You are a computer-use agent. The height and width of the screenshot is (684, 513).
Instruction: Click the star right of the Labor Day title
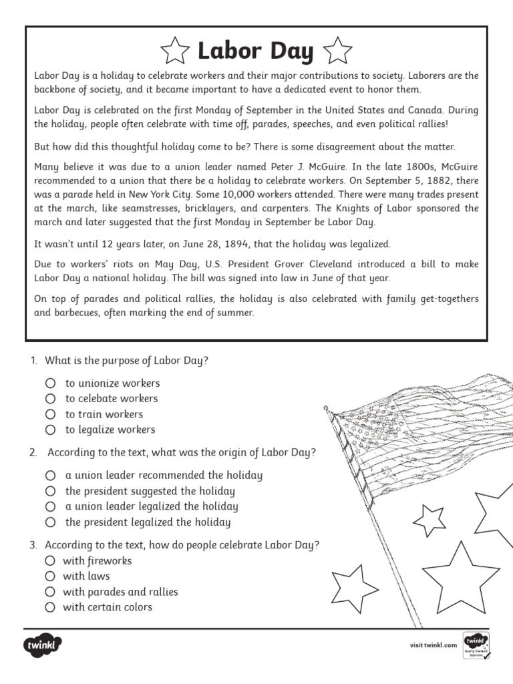pyautogui.click(x=337, y=51)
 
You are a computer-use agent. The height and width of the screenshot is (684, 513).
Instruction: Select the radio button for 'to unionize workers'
pyautogui.click(x=50, y=383)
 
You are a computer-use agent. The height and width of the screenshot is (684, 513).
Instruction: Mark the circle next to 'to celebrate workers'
pyautogui.click(x=50, y=399)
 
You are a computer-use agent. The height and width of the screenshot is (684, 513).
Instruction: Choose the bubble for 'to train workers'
pyautogui.click(x=50, y=414)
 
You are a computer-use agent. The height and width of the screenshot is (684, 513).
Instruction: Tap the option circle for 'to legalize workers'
pyautogui.click(x=50, y=430)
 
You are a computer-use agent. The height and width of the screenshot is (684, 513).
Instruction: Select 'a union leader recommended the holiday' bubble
pyautogui.click(x=50, y=476)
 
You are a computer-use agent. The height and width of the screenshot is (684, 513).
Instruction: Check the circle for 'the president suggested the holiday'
pyautogui.click(x=50, y=491)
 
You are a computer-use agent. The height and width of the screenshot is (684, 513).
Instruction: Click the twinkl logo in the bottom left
pyautogui.click(x=43, y=645)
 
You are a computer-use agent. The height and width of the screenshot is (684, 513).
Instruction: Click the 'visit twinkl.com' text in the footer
pyautogui.click(x=433, y=645)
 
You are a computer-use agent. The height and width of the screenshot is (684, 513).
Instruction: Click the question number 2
pyautogui.click(x=33, y=453)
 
